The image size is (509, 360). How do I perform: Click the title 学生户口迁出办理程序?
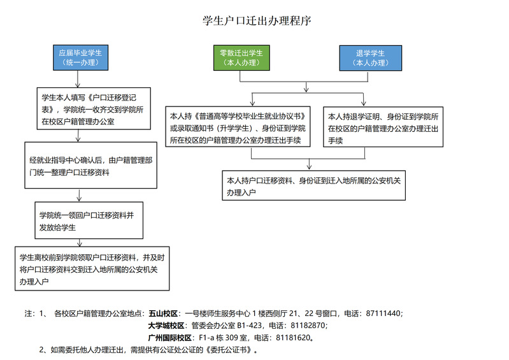pyautogui.click(x=257, y=21)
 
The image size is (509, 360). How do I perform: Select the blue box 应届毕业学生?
pyautogui.click(x=80, y=57)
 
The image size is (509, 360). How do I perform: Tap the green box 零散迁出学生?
pyautogui.click(x=241, y=58)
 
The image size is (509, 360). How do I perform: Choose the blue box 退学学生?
pyautogui.click(x=370, y=58)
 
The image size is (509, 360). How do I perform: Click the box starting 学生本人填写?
pyautogui.click(x=94, y=109)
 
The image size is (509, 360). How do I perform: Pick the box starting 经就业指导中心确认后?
pyautogui.click(x=91, y=165)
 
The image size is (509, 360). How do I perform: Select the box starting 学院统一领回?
pyautogui.click(x=89, y=220)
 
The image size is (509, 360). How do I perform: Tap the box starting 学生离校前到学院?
pyautogui.click(x=92, y=268)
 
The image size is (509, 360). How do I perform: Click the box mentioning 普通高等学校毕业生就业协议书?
pyautogui.click(x=238, y=127)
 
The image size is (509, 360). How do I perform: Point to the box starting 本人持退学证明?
pyautogui.click(x=383, y=127)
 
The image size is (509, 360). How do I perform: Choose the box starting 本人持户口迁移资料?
pyautogui.click(x=313, y=185)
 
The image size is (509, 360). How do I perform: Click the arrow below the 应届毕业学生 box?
pyautogui.click(x=78, y=79)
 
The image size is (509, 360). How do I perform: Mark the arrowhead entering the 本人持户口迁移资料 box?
pyautogui.click(x=309, y=167)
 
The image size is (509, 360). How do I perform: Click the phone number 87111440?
pyautogui.click(x=383, y=313)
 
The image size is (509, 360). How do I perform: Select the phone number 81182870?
pyautogui.click(x=308, y=326)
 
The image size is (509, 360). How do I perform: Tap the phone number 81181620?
pyautogui.click(x=293, y=338)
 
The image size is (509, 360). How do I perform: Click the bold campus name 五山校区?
pyautogui.click(x=163, y=313)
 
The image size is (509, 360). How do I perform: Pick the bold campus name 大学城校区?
pyautogui.click(x=166, y=326)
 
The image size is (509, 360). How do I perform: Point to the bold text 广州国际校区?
pyautogui.click(x=170, y=338)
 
